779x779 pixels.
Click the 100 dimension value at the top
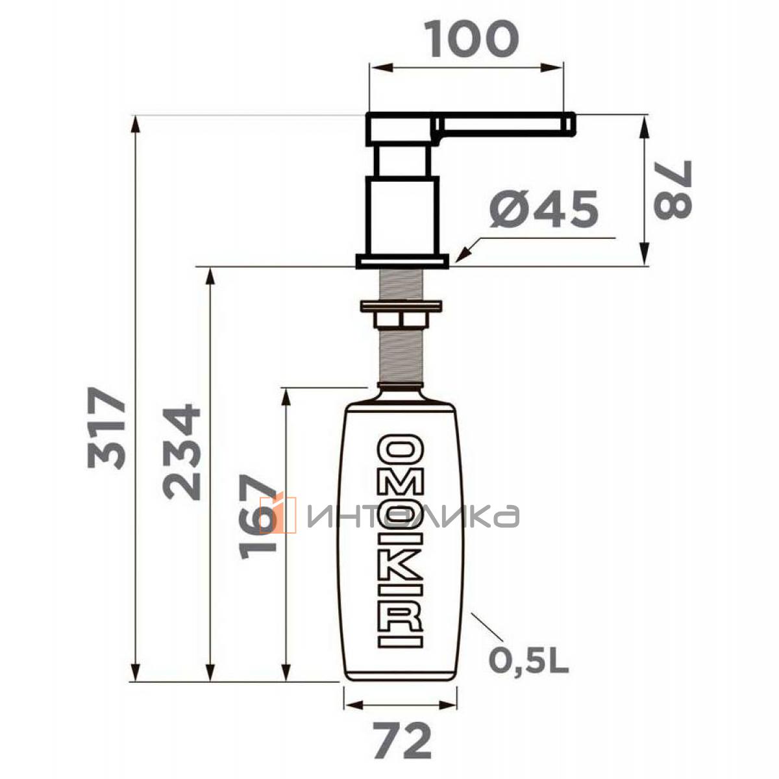click(473, 39)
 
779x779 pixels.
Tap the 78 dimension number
click(673, 190)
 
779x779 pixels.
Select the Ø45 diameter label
click(543, 209)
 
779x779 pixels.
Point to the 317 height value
click(106, 428)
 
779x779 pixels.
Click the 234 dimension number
click(182, 453)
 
